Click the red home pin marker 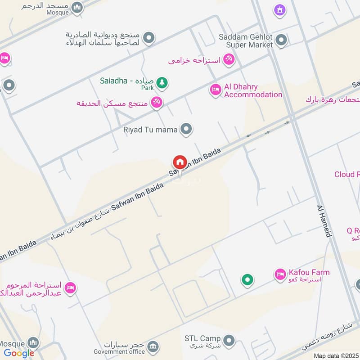(x=180, y=162)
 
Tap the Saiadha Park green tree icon (x=162, y=83)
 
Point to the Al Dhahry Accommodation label (x=253, y=90)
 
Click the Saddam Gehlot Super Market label (x=246, y=41)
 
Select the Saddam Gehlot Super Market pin (x=281, y=41)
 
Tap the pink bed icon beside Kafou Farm (x=280, y=274)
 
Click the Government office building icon (x=153, y=346)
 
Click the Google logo (x=19, y=353)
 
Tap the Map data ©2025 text (x=336, y=355)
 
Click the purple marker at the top (x=280, y=10)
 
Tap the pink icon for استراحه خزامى (x=229, y=59)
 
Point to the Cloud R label (x=347, y=174)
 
